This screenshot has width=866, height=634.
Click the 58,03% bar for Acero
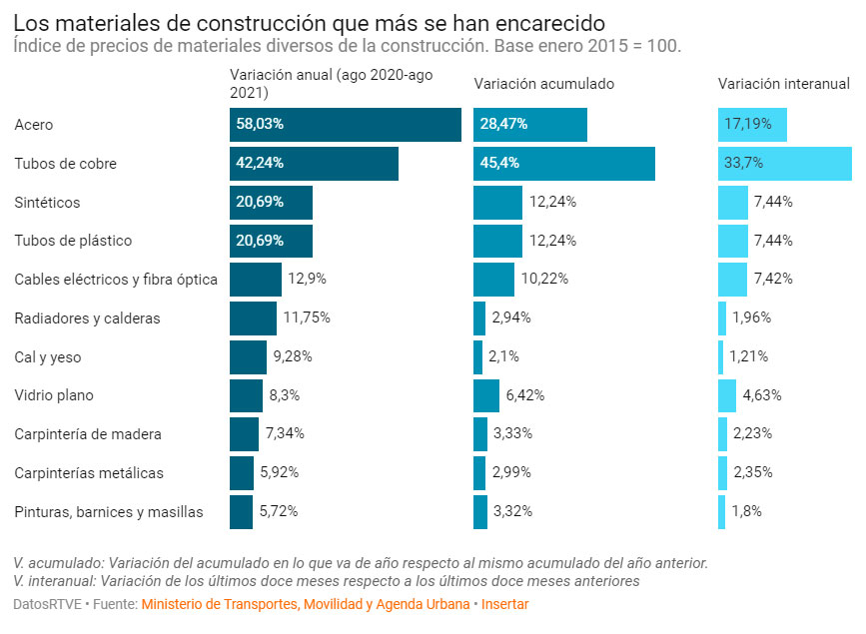345,125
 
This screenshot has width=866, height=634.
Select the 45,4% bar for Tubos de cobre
563,164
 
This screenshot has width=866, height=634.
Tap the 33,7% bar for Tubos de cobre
784,164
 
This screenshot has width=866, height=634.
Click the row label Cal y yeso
48,356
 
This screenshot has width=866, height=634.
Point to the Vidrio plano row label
54,395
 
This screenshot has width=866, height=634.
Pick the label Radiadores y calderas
87,318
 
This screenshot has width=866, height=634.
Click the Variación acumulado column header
543,84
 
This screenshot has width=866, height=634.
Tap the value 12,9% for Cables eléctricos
307,280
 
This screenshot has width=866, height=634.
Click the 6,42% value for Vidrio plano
524,395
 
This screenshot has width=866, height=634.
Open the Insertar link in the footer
504,604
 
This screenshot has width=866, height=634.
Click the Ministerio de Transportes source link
305,604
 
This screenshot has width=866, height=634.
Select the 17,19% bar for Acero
752,125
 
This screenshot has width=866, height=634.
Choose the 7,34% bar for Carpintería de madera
244,434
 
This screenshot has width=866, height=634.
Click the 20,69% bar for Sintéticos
271,203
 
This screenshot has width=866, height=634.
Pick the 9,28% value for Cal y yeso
292,356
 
